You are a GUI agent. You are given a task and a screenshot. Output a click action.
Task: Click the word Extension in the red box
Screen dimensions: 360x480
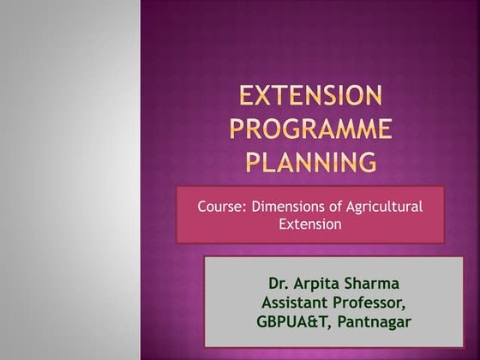click(x=310, y=225)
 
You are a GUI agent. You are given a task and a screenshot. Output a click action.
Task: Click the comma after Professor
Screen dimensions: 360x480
click(x=405, y=307)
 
